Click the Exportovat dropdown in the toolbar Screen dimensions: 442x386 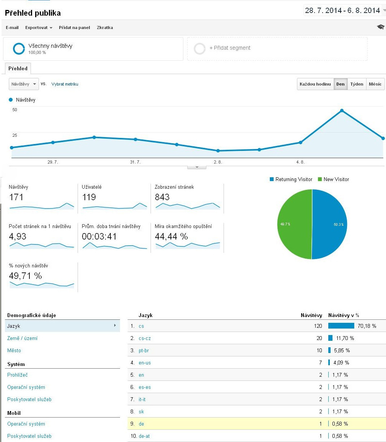click(39, 28)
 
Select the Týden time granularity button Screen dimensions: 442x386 click(357, 84)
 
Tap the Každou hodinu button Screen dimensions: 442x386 click(315, 84)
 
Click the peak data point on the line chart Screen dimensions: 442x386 click(342, 111)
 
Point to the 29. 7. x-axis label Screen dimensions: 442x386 click(53, 162)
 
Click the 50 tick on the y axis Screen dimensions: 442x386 click(15, 110)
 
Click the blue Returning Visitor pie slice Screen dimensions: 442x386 click(329, 224)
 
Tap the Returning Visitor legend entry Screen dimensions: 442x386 click(291, 180)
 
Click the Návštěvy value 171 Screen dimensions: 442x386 click(16, 197)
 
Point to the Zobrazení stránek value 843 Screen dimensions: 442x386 click(162, 197)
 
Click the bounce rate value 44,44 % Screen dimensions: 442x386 click(171, 236)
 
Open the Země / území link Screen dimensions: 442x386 click(22, 338)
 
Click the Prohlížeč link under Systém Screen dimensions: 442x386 click(18, 375)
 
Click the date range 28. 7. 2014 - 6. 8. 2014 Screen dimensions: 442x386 click(342, 10)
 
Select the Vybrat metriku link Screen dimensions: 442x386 click(65, 84)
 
